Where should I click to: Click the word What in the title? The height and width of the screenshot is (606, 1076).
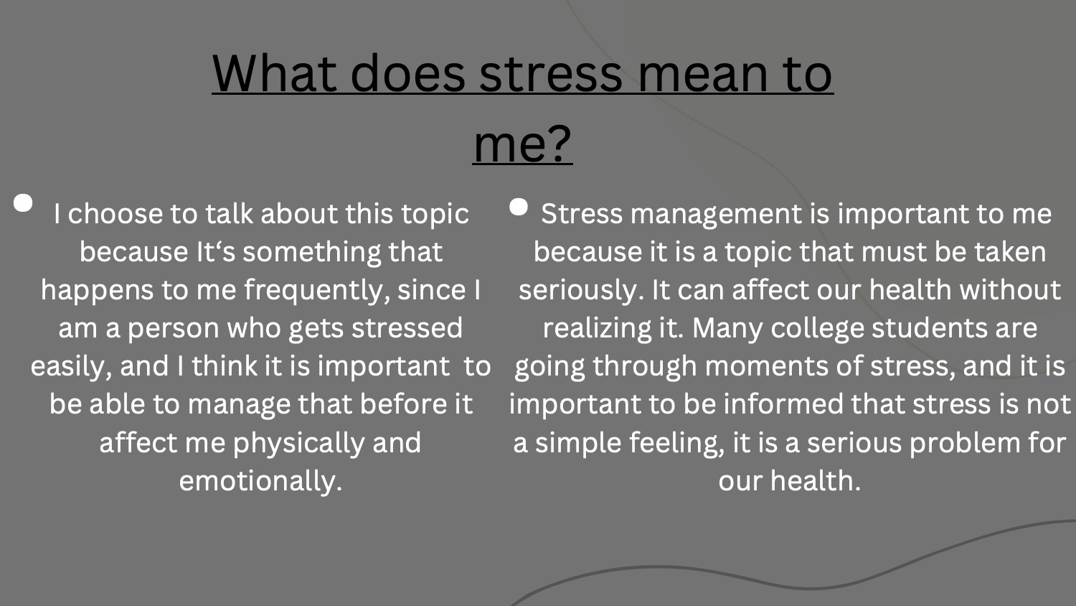click(x=274, y=73)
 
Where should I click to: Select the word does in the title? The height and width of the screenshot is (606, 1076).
click(x=408, y=73)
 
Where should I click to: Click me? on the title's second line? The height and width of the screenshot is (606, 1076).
click(x=523, y=144)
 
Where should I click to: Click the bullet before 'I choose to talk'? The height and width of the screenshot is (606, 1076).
click(x=23, y=202)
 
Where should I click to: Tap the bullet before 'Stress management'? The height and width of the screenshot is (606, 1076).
click(x=519, y=207)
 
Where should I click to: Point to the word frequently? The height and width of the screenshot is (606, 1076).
click(x=317, y=291)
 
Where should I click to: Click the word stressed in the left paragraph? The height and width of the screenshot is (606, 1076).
click(x=407, y=328)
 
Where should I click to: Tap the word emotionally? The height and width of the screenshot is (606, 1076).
click(x=260, y=480)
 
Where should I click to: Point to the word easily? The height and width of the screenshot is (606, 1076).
click(x=72, y=367)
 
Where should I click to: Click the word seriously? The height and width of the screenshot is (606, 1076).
click(x=581, y=291)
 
